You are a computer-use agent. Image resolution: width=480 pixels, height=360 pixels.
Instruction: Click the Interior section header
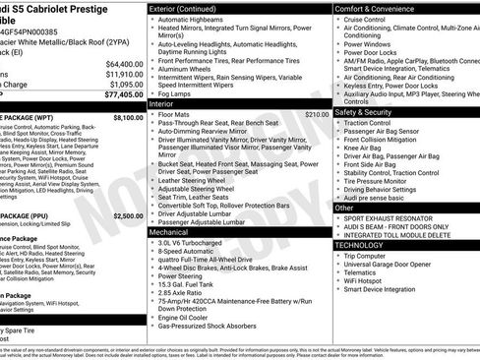click(x=163, y=102)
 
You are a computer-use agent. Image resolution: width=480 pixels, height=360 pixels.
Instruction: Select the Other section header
click(x=345, y=208)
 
